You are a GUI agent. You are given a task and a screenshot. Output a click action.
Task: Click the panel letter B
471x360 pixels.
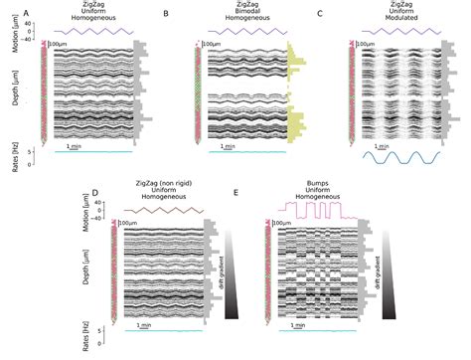coord(166,13)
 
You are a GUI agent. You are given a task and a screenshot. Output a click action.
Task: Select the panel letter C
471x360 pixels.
coord(318,13)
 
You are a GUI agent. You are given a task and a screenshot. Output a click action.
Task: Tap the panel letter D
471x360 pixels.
coord(95,191)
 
